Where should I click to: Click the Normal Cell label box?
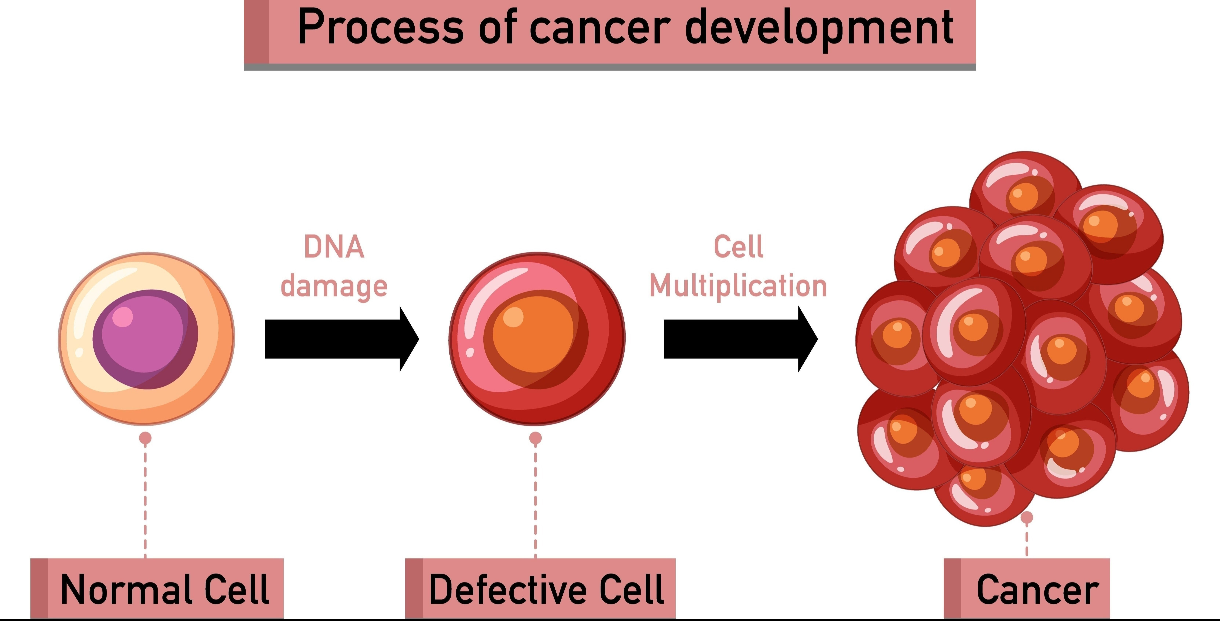click(x=157, y=589)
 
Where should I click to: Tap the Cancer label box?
click(x=1027, y=589)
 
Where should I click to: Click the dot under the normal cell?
click(x=145, y=438)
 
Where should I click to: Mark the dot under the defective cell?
click(x=535, y=438)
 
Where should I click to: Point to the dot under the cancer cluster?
click(x=1027, y=518)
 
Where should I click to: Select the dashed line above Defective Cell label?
click(x=535, y=502)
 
